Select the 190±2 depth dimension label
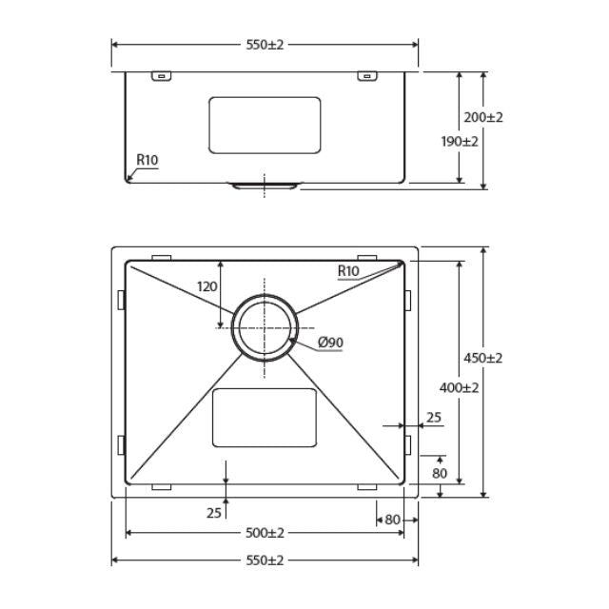(459, 141)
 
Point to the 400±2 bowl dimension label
(459, 387)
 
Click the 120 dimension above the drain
(207, 285)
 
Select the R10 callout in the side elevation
(146, 160)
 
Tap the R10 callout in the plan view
(348, 271)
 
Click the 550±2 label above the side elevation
(265, 45)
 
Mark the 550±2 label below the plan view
(265, 560)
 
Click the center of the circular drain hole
(265, 326)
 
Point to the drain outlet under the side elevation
(265, 185)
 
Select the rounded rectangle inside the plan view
(264, 417)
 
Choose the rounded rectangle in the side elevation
(265, 125)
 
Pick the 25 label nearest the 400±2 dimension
(433, 416)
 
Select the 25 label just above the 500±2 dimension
(214, 513)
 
